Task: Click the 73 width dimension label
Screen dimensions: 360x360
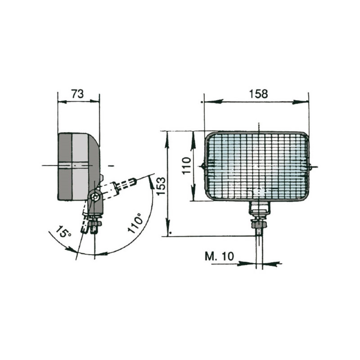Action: (x=77, y=94)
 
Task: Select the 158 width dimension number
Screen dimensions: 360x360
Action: (x=258, y=94)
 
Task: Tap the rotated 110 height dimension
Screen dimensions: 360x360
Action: (x=186, y=166)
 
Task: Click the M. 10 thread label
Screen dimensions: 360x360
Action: (x=219, y=256)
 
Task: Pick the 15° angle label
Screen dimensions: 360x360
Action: (x=63, y=231)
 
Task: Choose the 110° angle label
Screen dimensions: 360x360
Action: (x=135, y=223)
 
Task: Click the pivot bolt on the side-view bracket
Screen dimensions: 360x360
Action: (x=95, y=197)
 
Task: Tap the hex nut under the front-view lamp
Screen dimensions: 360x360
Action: (x=259, y=224)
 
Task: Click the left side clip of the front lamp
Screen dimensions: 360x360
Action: (x=203, y=166)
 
